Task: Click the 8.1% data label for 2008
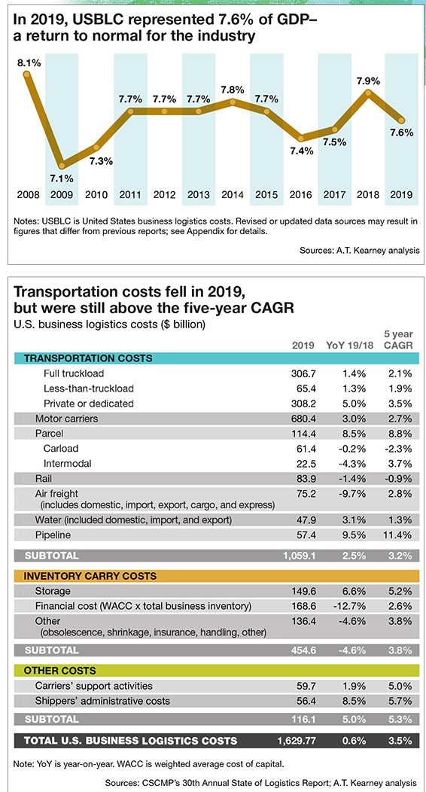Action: coord(29,63)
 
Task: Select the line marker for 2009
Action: coord(62,165)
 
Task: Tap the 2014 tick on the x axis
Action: coord(233,194)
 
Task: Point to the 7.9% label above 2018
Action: coord(369,81)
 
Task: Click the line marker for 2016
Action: coord(301,138)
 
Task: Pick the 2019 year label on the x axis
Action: coord(402,194)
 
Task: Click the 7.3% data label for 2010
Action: coord(101,162)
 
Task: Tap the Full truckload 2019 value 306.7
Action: coord(304,373)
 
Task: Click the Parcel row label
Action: coord(50,434)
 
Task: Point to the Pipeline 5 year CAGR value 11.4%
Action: coord(400,535)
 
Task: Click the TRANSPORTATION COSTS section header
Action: coord(88,358)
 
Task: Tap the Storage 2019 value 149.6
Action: coord(304,591)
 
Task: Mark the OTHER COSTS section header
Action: coord(60,671)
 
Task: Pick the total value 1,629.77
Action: coord(297,741)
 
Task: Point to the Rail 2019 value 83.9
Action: coord(306,478)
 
